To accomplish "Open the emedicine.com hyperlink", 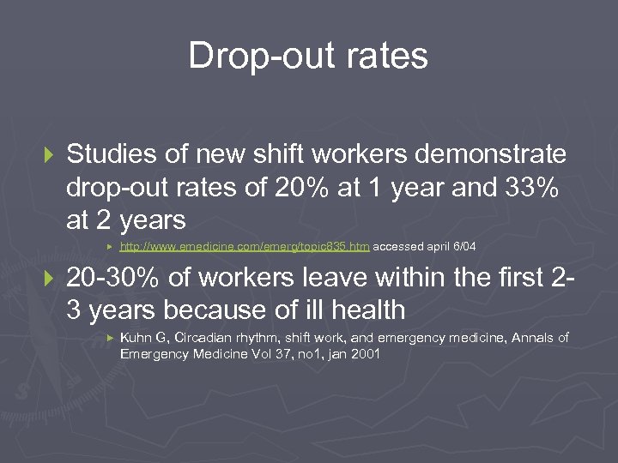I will tap(245, 247).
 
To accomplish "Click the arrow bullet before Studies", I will tap(47, 155).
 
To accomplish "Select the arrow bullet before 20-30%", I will tap(47, 279).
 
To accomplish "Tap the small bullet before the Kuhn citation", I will tap(109, 339).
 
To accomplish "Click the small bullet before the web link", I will tap(109, 247).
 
